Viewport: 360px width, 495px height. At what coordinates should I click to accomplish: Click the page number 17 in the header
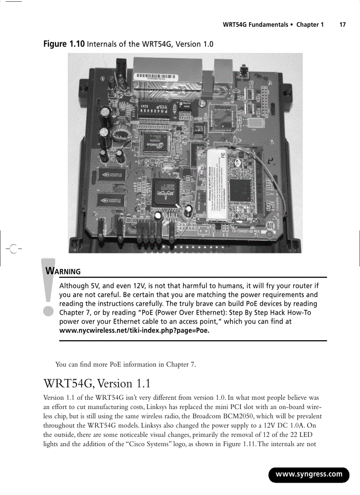point(342,25)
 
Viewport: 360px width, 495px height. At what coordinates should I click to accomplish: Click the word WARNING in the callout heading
point(64,271)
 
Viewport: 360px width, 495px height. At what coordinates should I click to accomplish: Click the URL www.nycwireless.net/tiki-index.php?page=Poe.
point(134,331)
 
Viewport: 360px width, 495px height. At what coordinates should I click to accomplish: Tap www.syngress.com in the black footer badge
point(309,475)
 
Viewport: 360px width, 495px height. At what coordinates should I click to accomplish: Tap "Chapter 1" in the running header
point(310,25)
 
